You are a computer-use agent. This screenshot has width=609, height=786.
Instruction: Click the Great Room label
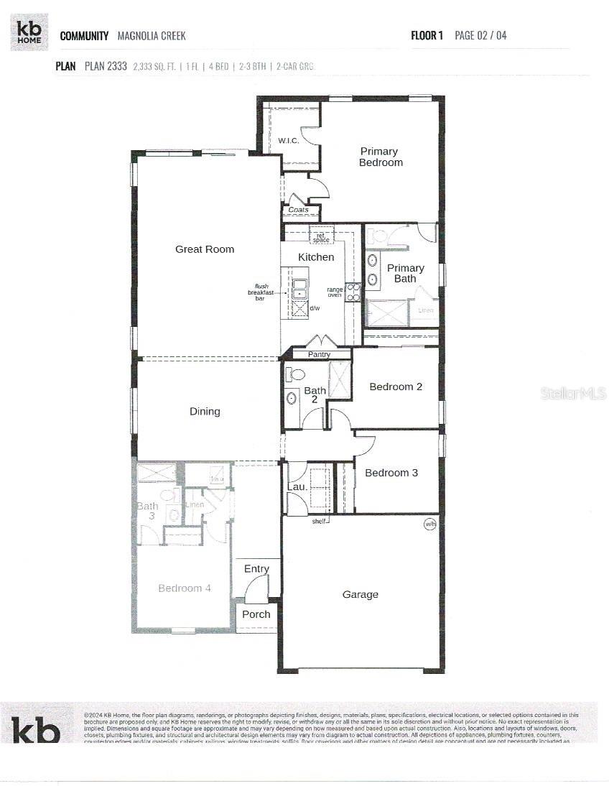[x=205, y=249]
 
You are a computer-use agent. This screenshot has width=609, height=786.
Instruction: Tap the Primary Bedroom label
[x=380, y=157]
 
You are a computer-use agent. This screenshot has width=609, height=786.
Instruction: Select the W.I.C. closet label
[x=289, y=140]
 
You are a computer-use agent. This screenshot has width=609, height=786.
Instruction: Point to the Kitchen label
[x=316, y=257]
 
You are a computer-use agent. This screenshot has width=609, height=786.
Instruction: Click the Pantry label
[x=319, y=354]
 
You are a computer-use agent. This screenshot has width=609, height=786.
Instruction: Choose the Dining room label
[x=205, y=412]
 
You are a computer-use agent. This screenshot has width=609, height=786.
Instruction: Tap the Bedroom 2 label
[x=396, y=387]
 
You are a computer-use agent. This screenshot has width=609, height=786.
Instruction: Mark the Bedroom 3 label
[x=391, y=473]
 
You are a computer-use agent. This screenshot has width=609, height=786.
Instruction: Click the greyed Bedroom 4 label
[x=185, y=588]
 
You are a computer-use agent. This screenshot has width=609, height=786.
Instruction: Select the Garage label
[x=360, y=594]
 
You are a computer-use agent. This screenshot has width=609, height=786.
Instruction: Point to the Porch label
[x=256, y=614]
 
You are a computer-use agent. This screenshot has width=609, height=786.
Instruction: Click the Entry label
[x=256, y=569]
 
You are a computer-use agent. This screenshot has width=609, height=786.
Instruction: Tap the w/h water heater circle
[x=430, y=524]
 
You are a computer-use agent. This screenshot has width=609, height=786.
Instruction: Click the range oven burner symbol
[x=353, y=292]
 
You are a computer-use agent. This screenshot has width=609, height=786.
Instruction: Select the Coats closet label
[x=298, y=210]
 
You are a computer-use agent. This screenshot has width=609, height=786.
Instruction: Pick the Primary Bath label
[x=406, y=273]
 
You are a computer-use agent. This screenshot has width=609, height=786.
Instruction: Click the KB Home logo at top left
[x=29, y=32]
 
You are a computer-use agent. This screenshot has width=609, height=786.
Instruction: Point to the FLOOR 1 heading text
[x=427, y=35]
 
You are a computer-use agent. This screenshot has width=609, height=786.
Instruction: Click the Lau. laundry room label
[x=297, y=486]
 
